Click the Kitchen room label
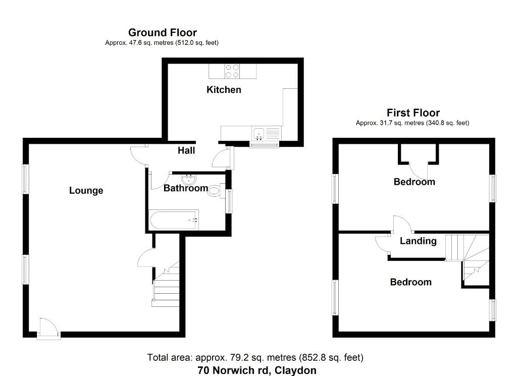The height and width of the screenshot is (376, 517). click(x=224, y=90)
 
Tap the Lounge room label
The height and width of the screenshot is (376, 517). click(x=86, y=190)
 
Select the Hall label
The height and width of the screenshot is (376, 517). click(x=186, y=150)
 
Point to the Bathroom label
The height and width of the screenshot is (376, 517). click(x=185, y=188)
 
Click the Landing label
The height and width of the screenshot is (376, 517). click(x=418, y=241)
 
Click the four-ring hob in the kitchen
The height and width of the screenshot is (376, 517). click(x=232, y=71)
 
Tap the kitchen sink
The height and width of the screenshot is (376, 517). click(x=260, y=134)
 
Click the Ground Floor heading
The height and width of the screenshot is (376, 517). click(x=162, y=33)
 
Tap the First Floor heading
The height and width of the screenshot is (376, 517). click(x=413, y=113)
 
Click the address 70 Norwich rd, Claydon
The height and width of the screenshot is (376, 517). click(x=257, y=370)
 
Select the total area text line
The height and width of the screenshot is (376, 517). click(x=255, y=358)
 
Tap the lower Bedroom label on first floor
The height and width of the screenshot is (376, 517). click(x=410, y=282)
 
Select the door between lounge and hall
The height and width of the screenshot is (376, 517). click(x=139, y=153)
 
